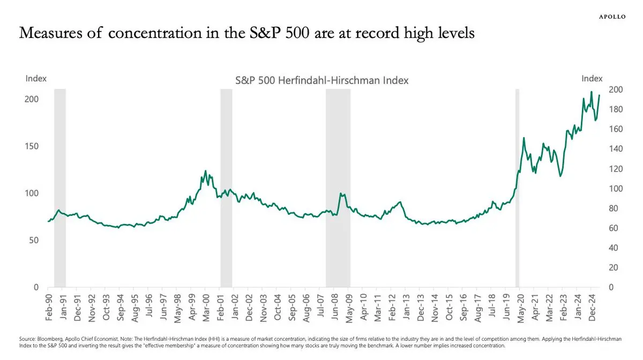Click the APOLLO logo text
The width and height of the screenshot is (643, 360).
611,17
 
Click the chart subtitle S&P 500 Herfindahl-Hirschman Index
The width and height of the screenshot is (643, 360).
322,81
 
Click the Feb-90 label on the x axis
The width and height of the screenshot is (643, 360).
49,306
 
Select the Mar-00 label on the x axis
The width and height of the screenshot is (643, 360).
206,306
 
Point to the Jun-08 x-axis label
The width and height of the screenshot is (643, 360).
334,306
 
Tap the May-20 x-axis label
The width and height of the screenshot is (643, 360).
519,306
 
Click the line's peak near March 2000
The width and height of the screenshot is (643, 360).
206,171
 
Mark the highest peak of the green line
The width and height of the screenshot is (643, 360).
592,92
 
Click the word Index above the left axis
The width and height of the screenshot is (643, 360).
36,79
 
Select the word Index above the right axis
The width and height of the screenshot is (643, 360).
592,79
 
